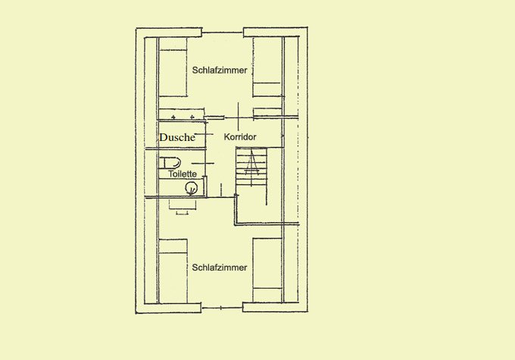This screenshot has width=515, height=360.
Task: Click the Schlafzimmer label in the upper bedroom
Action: pyautogui.click(x=220, y=70)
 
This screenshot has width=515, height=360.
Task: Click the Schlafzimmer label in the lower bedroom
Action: pyautogui.click(x=220, y=268)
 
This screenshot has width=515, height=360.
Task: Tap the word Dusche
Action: pyautogui.click(x=177, y=137)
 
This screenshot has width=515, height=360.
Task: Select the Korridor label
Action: pyautogui.click(x=240, y=136)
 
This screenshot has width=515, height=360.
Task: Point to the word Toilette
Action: pyautogui.click(x=183, y=174)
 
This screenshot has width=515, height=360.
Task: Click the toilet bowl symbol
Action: pyautogui.click(x=170, y=163)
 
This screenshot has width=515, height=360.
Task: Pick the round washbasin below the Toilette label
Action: pyautogui.click(x=191, y=188)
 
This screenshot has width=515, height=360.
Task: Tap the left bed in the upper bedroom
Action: pyautogui.click(x=173, y=67)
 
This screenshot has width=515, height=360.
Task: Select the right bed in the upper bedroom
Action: pyautogui.click(x=267, y=67)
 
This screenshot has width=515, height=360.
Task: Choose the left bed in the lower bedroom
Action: pyautogui.click(x=173, y=271)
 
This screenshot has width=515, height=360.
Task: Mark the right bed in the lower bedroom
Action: pyautogui.click(x=267, y=271)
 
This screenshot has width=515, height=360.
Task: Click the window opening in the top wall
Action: pyautogui.click(x=223, y=33)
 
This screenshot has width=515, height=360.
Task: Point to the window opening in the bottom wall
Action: pyautogui.click(x=222, y=308)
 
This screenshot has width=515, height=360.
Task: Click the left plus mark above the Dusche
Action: pyautogui.click(x=173, y=117)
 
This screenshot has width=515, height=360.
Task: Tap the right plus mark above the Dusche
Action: pyautogui.click(x=192, y=117)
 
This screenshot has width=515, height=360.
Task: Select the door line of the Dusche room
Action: pyautogui.click(x=204, y=134)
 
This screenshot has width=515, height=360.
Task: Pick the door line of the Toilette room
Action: pyautogui.click(x=203, y=163)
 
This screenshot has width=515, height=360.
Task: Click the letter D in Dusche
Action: pyautogui.click(x=164, y=137)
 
